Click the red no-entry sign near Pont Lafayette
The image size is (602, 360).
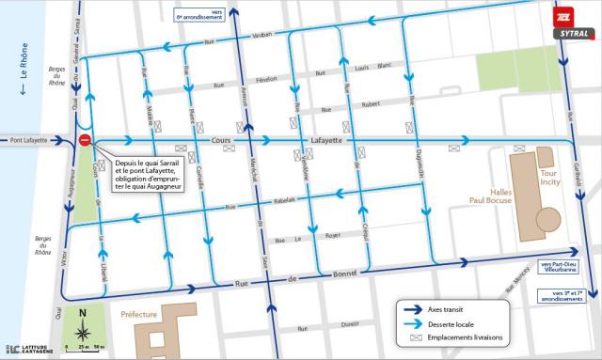[86, 140]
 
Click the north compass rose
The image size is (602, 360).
[83, 331]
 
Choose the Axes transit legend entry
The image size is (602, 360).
[448, 308]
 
